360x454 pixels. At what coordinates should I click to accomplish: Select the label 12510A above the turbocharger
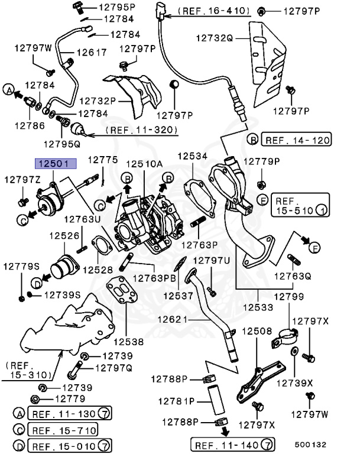pyautogui.click(x=143, y=164)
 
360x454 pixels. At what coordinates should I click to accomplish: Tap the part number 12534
pyautogui.click(x=192, y=156)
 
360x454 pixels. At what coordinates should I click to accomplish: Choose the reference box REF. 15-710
pyautogui.click(x=64, y=430)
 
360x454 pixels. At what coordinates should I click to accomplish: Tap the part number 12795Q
pyautogui.click(x=65, y=142)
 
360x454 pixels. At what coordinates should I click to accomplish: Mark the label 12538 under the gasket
pyautogui.click(x=128, y=341)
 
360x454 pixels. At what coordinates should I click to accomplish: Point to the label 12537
pyautogui.click(x=178, y=294)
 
